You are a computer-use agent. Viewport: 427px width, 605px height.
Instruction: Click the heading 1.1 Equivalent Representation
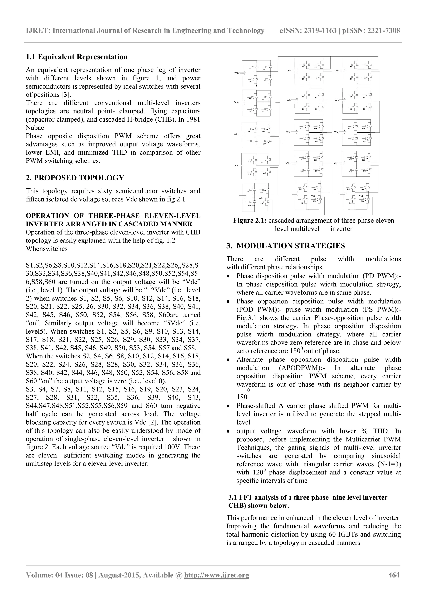pyautogui.click(x=77, y=57)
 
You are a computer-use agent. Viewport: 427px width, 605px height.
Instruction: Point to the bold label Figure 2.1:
pyautogui.click(x=250, y=221)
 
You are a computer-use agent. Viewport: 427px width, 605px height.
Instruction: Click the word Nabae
pyautogui.click(x=35, y=128)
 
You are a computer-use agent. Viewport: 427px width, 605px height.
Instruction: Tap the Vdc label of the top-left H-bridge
pyautogui.click(x=236, y=73)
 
